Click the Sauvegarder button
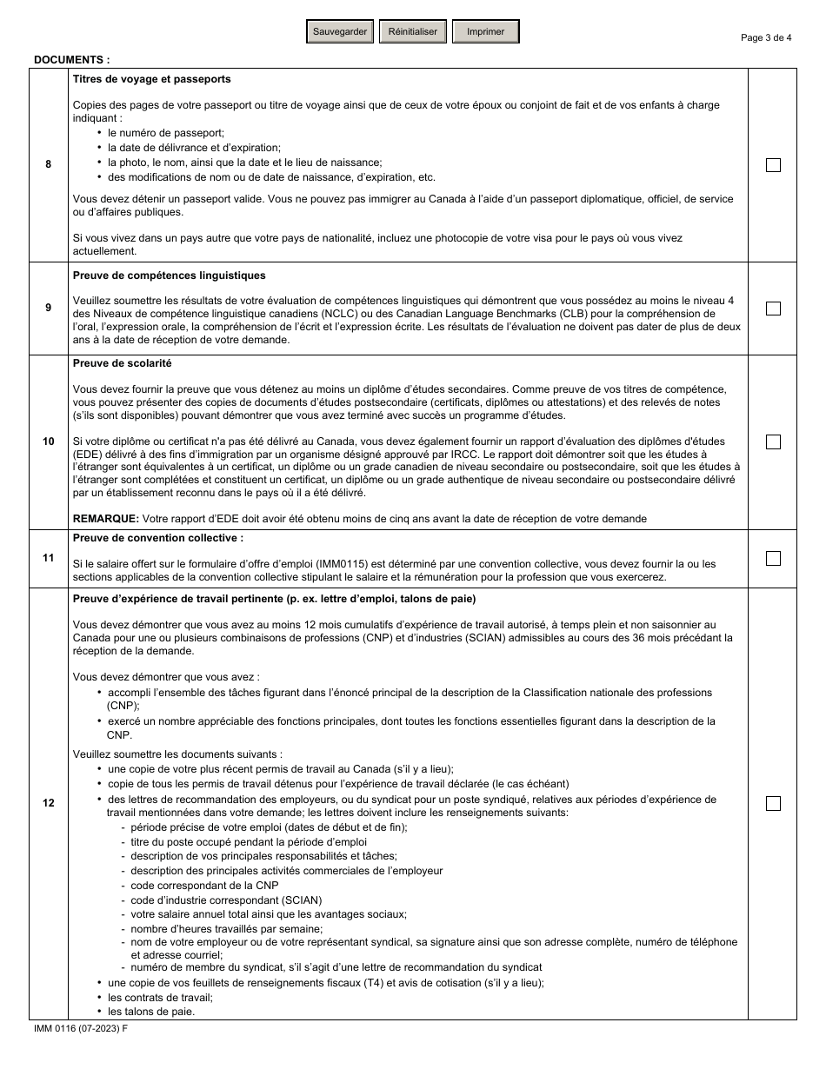tap(340, 32)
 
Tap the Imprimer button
tap(485, 32)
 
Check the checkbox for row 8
tap(773, 165)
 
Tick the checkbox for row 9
tap(773, 309)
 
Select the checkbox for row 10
tap(773, 442)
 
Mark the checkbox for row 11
tap(773, 558)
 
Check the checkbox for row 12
tap(773, 803)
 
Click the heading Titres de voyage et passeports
tap(152, 79)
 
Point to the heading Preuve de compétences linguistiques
tap(170, 276)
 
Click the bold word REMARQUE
tap(105, 519)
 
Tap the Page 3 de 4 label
tap(766, 37)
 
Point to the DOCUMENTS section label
tap(71, 60)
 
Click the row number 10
tap(48, 442)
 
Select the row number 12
tap(48, 803)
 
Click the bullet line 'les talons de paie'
tap(151, 1012)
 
